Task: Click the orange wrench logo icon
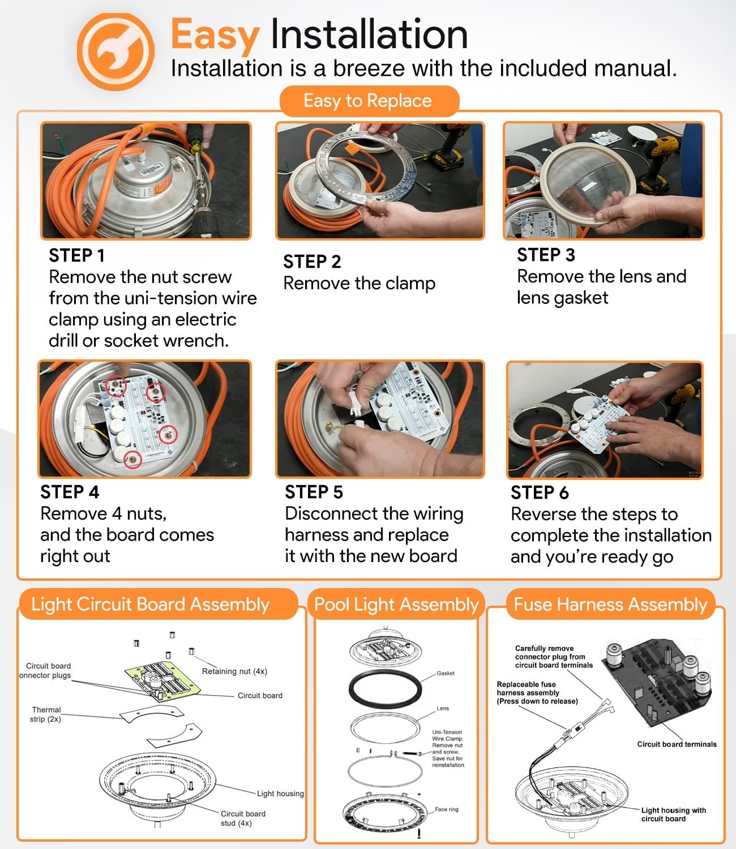pos(115,52)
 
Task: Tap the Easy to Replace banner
pos(369,101)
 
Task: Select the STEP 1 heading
pos(77,255)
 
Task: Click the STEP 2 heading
pos(313,261)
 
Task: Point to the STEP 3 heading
pos(546,255)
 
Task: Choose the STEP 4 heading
pos(70,492)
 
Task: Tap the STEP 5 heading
pos(314,492)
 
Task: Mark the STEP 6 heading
pos(540,492)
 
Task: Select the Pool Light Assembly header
pos(396,604)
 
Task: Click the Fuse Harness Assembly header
pos(610,604)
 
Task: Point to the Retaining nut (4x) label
pos(234,671)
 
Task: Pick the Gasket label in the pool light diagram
pos(446,673)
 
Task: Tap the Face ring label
pos(447,809)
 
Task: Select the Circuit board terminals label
pos(677,744)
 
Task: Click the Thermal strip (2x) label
pos(46,714)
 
